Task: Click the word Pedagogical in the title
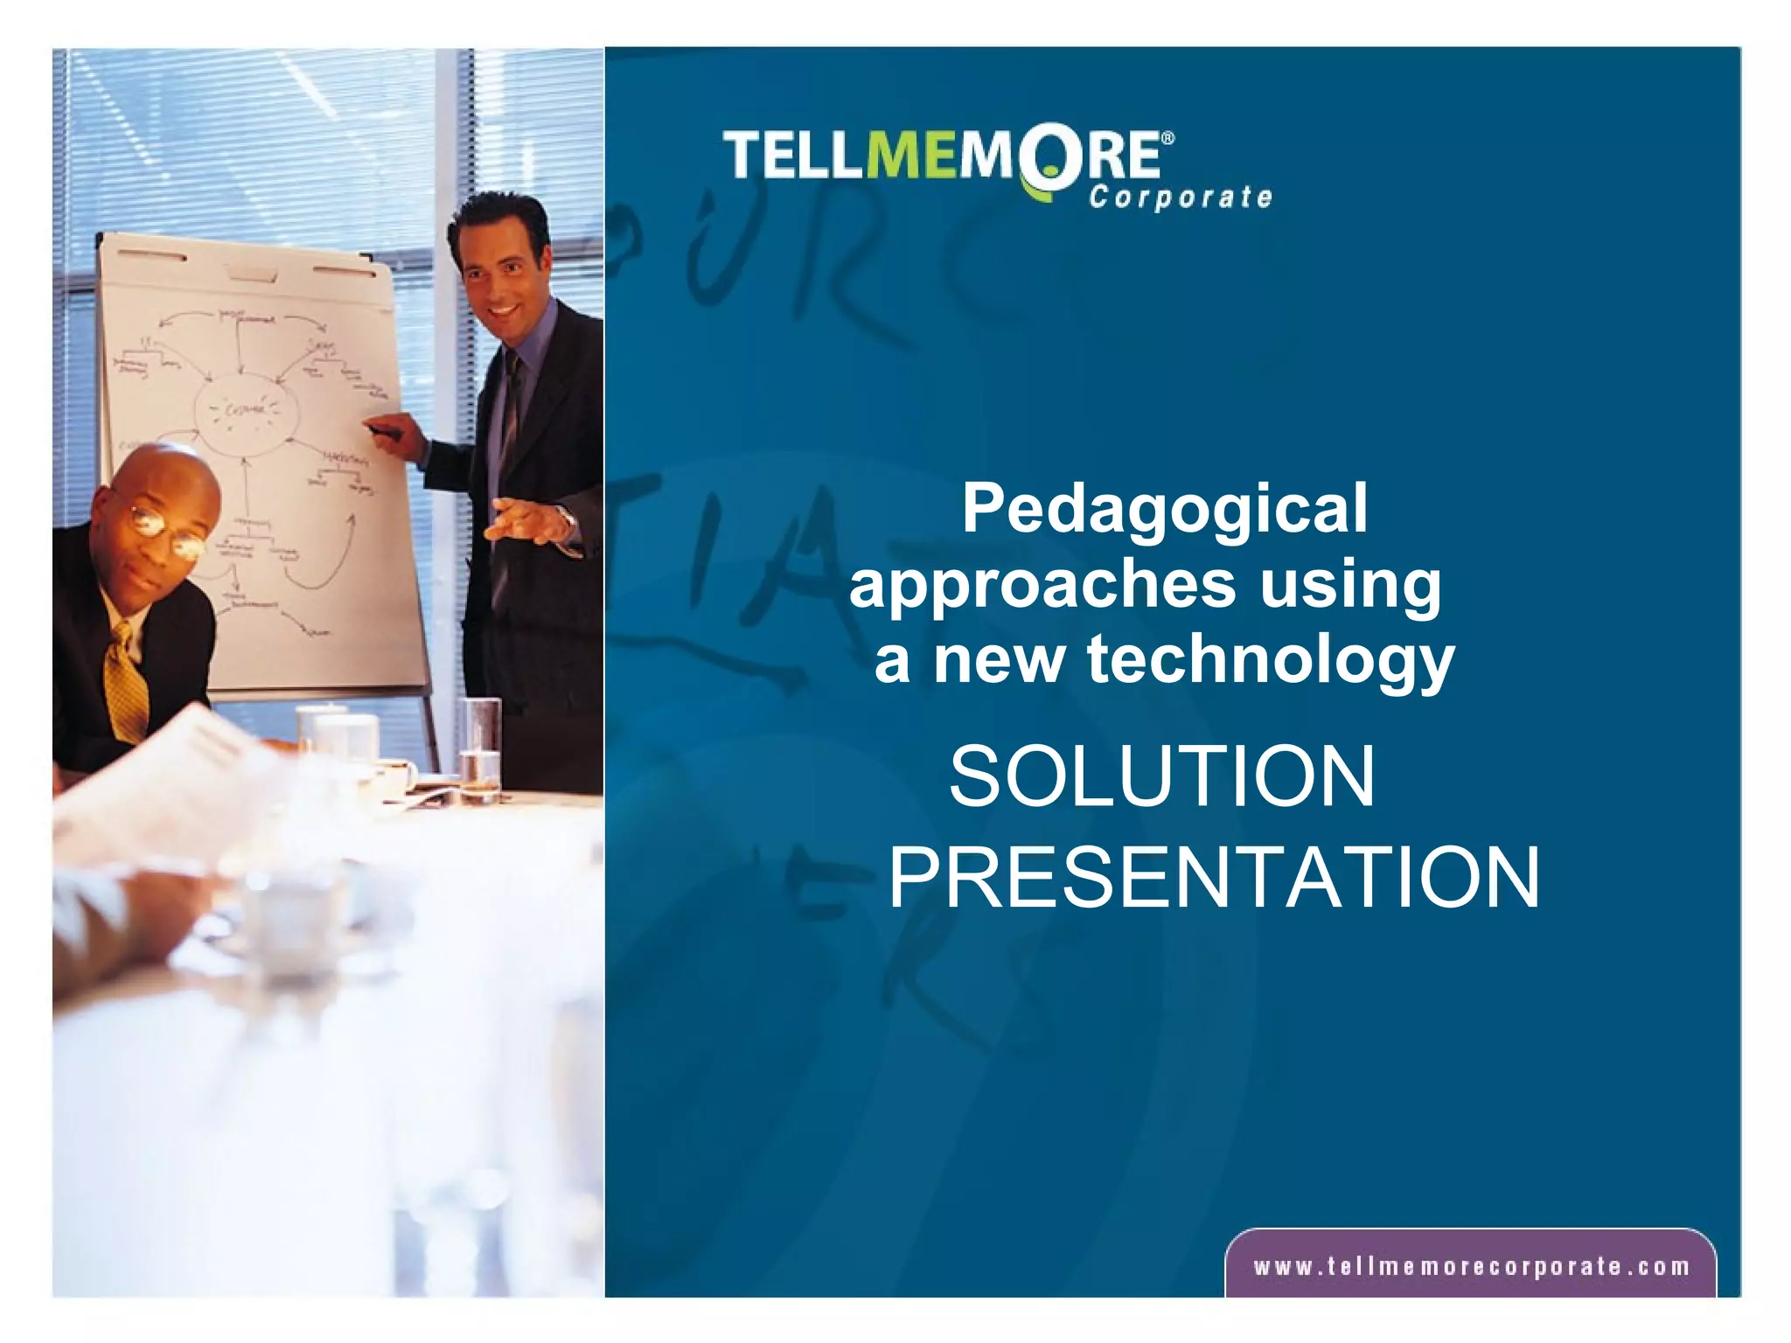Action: tap(1164, 510)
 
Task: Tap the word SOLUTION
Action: tap(1162, 776)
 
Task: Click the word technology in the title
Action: tap(1271, 660)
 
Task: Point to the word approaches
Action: tap(1042, 586)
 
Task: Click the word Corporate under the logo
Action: tap(1180, 198)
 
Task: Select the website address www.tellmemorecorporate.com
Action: tap(1471, 1267)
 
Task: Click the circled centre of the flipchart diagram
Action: tap(246, 410)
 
